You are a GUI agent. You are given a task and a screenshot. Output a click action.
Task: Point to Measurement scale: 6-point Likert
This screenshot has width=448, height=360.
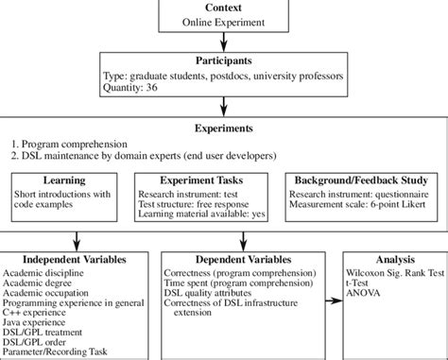(361, 206)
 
